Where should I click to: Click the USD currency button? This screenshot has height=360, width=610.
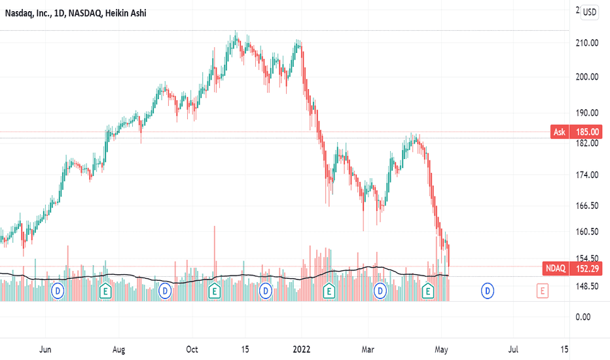click(x=590, y=12)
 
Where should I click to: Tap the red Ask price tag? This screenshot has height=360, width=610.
click(x=560, y=132)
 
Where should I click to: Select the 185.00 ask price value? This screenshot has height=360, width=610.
click(x=586, y=132)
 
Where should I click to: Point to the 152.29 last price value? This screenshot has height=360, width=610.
click(x=586, y=268)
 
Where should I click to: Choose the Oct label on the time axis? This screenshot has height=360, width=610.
click(x=192, y=348)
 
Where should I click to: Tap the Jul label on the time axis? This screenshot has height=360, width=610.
click(x=515, y=348)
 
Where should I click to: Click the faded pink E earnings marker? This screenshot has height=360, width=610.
click(x=543, y=289)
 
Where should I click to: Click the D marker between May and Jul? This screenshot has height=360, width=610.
click(x=488, y=289)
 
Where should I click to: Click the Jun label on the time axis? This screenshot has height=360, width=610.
click(x=45, y=348)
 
